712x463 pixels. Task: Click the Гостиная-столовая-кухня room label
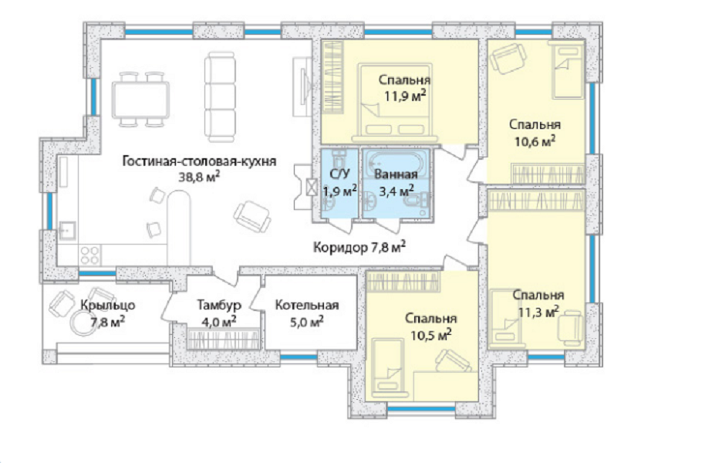coord(199,161)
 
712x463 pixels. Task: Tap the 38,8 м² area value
coord(201,176)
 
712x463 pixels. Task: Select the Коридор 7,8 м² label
coord(359,248)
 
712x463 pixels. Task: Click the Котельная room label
coord(307,305)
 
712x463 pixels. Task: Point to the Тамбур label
coord(219,305)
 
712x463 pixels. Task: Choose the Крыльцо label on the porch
coord(108,305)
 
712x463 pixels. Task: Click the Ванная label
coord(396,175)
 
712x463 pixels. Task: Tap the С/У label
coord(339,174)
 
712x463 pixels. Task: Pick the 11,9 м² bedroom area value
coord(406,96)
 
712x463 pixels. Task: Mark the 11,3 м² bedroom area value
coord(538,312)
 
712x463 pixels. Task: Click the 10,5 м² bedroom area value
coord(431,335)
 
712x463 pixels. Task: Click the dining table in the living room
coord(140,100)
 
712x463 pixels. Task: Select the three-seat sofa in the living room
coord(220,96)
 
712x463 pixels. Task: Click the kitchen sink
coord(67,231)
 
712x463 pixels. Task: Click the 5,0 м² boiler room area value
coord(307,322)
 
